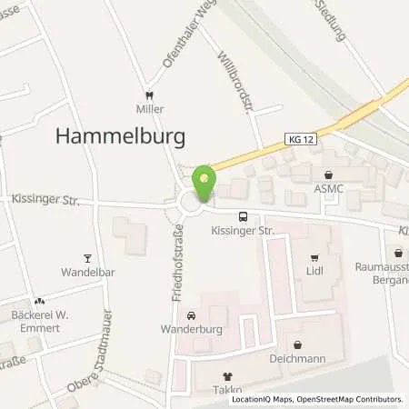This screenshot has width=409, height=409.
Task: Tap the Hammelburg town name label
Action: pyautogui.click(x=121, y=135)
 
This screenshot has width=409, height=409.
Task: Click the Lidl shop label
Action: pyautogui.click(x=314, y=271)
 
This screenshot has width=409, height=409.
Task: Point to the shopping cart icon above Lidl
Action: pyautogui.click(x=314, y=257)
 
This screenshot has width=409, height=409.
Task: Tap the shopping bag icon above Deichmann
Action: pyautogui.click(x=298, y=344)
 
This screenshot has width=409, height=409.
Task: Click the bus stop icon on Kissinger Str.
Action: pyautogui.click(x=243, y=216)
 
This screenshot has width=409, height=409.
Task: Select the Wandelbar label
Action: pyautogui.click(x=86, y=271)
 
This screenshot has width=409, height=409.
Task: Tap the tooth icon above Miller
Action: pyautogui.click(x=150, y=95)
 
